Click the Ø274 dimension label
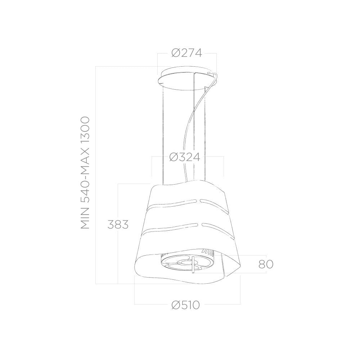186,53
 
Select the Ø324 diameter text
185,157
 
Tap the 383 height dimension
118,224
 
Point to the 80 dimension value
266,264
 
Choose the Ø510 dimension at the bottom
186,305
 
